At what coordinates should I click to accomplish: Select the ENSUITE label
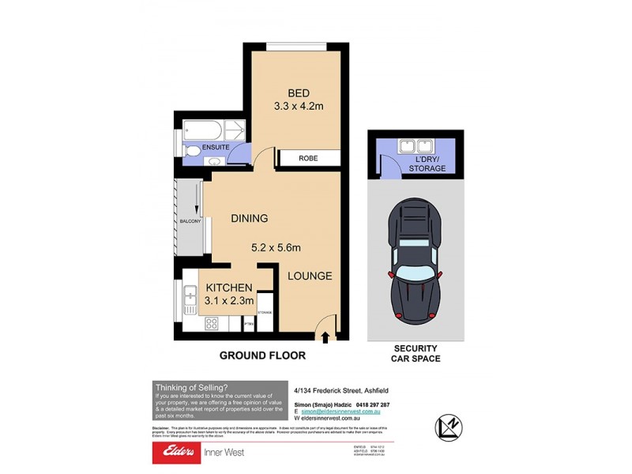click(x=215, y=147)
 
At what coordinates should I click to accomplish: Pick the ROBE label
click(x=308, y=158)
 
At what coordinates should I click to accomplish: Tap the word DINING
click(x=249, y=218)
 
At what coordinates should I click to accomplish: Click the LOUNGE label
click(x=309, y=276)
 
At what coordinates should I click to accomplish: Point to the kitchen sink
click(x=190, y=297)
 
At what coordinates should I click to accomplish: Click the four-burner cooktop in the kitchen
click(x=212, y=323)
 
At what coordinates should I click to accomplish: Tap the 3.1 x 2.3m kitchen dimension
click(x=229, y=301)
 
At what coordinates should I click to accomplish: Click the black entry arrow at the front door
click(x=325, y=337)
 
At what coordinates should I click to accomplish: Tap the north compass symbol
click(x=447, y=426)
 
